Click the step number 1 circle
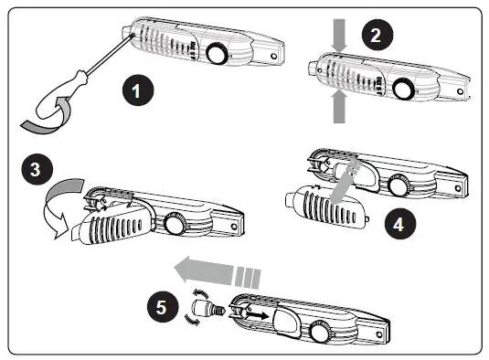pyautogui.click(x=138, y=90)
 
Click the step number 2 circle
pyautogui.click(x=377, y=35)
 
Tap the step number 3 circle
pyautogui.click(x=37, y=169)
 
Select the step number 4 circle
pyautogui.click(x=400, y=224)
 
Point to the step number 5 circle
pyautogui.click(x=163, y=307)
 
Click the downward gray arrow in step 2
pyautogui.click(x=339, y=36)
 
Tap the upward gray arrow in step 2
pyautogui.click(x=339, y=106)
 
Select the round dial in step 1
pyautogui.click(x=218, y=54)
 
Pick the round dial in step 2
pyautogui.click(x=404, y=89)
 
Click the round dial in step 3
pyautogui.click(x=175, y=224)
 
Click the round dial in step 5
pyautogui.click(x=321, y=333)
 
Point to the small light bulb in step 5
pyautogui.click(x=207, y=308)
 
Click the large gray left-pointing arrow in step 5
pyautogui.click(x=218, y=271)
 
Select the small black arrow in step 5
pyautogui.click(x=257, y=314)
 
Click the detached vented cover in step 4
pyautogui.click(x=326, y=206)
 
